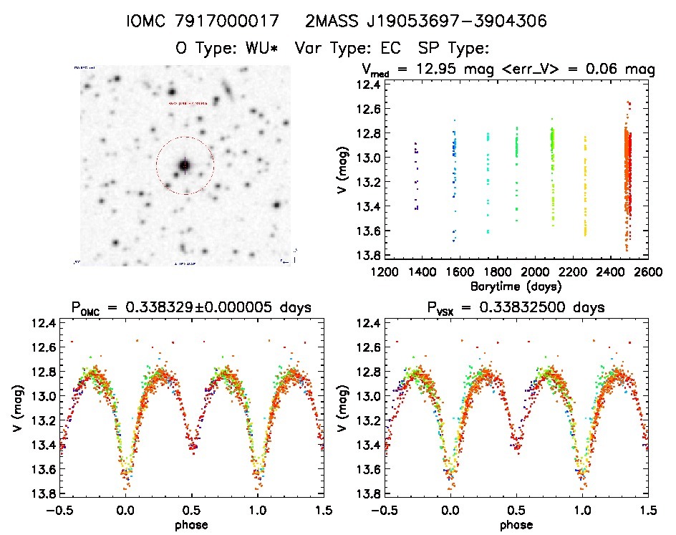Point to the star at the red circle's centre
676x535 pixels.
click(x=185, y=165)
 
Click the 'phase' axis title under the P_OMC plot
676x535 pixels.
click(x=192, y=524)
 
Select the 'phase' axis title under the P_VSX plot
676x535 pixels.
click(x=516, y=524)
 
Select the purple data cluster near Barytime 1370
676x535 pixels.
click(x=415, y=175)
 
